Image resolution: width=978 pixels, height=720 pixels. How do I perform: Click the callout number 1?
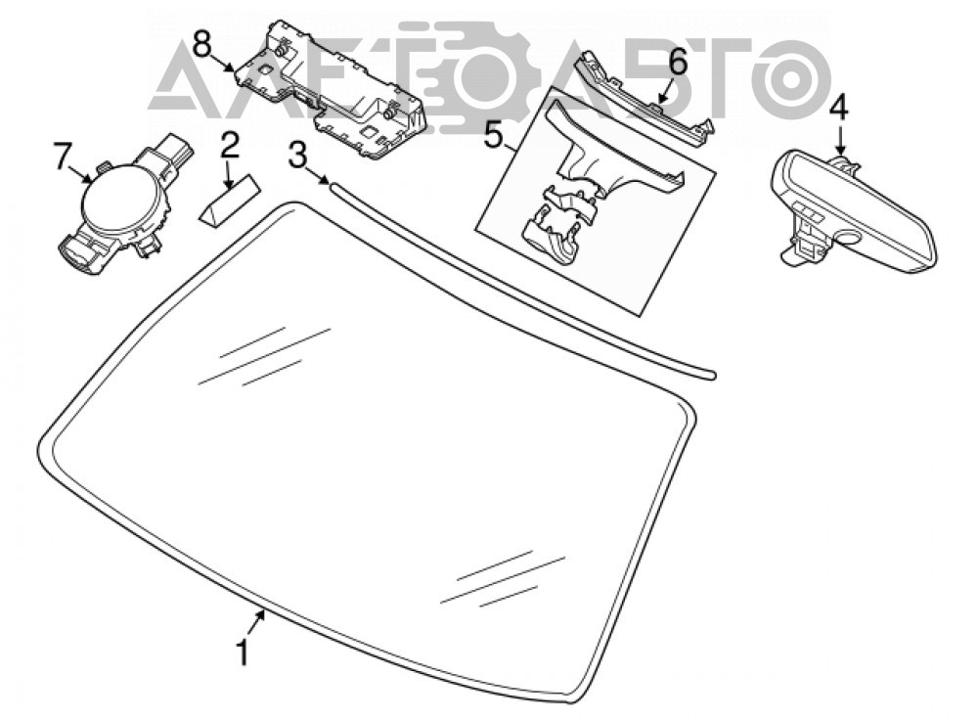(x=242, y=652)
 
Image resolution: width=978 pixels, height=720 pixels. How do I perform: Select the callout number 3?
(x=297, y=156)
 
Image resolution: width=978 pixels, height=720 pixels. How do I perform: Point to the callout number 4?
(x=838, y=108)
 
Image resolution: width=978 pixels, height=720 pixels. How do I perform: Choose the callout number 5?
(x=493, y=135)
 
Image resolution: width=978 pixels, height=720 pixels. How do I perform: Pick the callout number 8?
(x=202, y=44)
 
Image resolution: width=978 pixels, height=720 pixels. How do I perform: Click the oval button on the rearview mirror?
(x=848, y=237)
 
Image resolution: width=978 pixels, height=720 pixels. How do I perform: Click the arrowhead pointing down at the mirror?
(x=840, y=149)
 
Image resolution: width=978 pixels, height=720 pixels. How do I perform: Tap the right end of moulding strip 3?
(x=712, y=376)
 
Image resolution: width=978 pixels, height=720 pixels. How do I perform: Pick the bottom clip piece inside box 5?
(x=551, y=241)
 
